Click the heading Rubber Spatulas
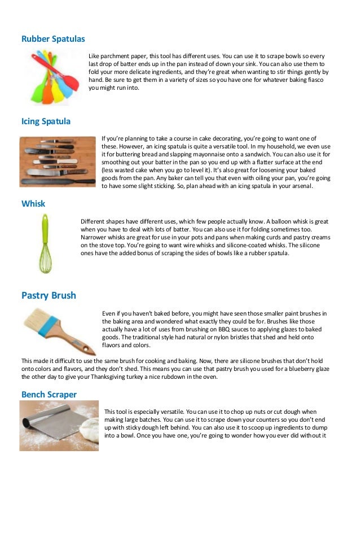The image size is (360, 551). [53, 38]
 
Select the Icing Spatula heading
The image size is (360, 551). [46, 121]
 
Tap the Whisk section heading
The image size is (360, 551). [33, 203]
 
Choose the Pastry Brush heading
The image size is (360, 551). [49, 295]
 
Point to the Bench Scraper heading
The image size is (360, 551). [49, 395]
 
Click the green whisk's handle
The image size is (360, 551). [45, 229]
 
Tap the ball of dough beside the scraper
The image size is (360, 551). [89, 430]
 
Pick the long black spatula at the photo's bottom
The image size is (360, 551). [58, 182]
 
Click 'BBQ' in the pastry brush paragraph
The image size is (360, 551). [224, 329]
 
